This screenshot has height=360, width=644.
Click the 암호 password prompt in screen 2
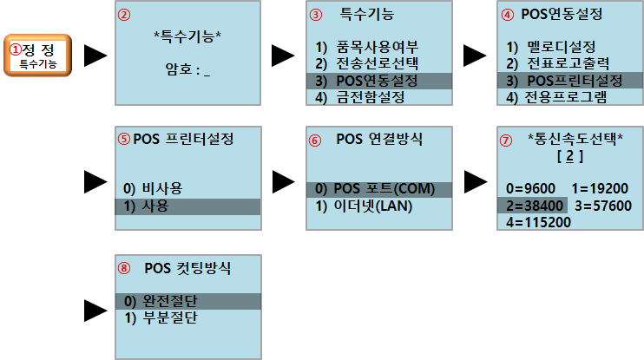[187, 69]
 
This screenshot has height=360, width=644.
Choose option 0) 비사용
[152, 188]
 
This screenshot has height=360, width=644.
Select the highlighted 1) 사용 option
[146, 206]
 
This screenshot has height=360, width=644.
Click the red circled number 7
[507, 139]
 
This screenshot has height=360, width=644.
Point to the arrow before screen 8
[95, 308]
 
